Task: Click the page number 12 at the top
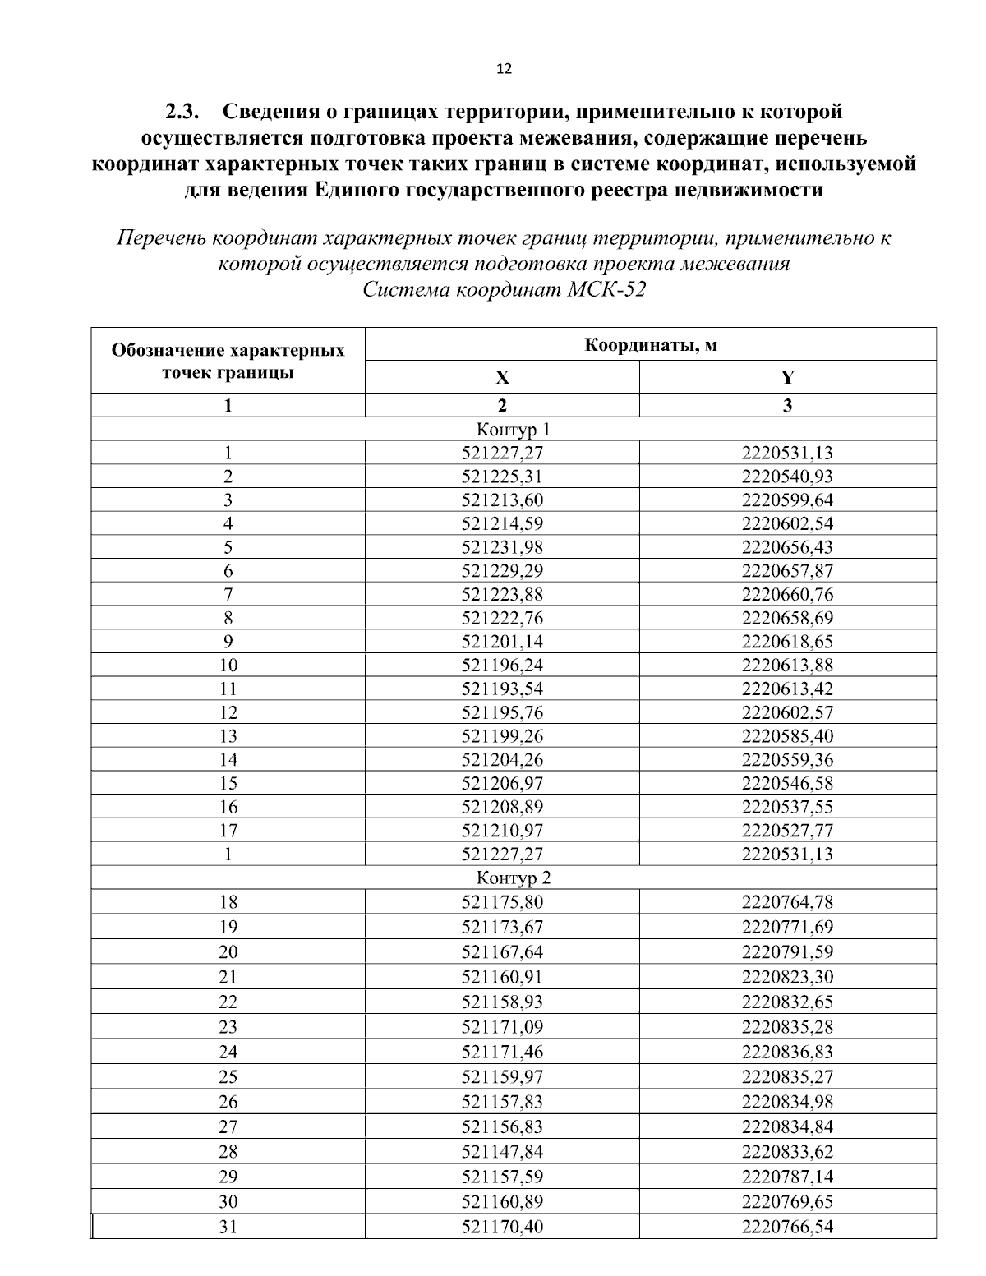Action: click(505, 69)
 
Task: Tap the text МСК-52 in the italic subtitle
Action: click(606, 291)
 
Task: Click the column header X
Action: click(502, 378)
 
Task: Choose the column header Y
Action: click(787, 378)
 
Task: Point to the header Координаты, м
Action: click(650, 344)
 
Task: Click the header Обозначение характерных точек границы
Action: click(228, 362)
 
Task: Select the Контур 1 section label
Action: click(514, 429)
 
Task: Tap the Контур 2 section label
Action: click(514, 878)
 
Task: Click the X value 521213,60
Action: click(502, 500)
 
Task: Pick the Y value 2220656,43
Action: click(787, 547)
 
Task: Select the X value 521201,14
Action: click(502, 642)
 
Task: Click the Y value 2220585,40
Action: click(787, 735)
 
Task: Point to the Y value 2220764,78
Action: click(787, 902)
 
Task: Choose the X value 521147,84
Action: click(502, 1151)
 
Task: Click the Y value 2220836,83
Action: click(787, 1052)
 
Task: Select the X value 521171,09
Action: click(502, 1027)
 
